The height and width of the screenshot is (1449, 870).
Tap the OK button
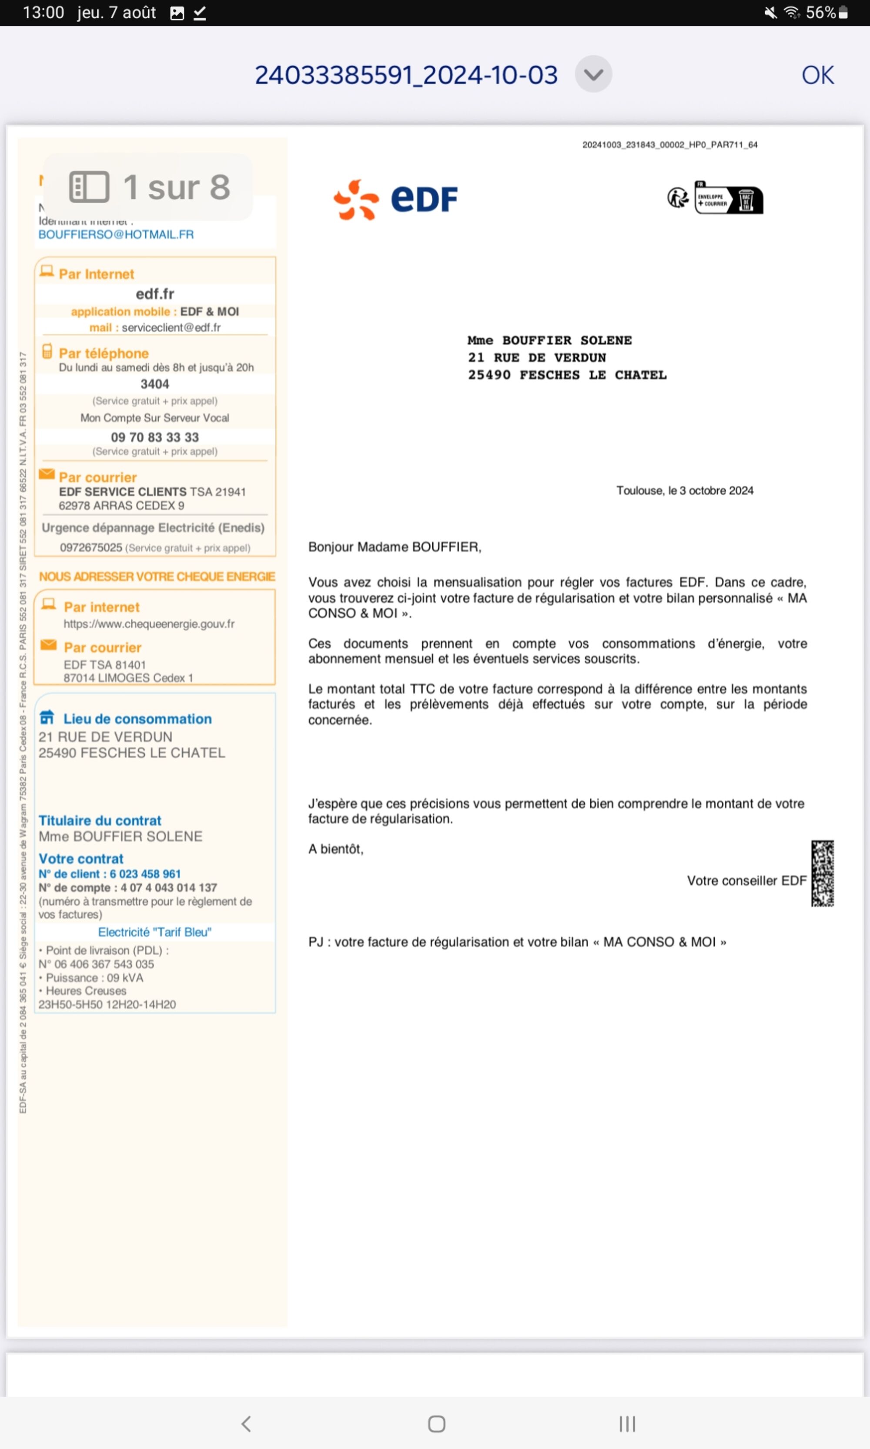817,75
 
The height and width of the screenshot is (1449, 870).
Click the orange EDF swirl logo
356,200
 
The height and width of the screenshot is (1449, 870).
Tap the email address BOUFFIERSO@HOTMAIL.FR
116,234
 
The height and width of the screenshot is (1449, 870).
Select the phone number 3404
155,384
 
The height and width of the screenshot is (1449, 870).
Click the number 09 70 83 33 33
155,437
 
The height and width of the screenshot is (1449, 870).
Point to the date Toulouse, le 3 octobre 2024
684,490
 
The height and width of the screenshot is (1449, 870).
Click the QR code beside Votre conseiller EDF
822,873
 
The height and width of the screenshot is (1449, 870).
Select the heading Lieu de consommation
137,719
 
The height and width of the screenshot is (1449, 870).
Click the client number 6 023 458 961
145,874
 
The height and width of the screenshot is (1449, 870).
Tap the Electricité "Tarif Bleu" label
155,932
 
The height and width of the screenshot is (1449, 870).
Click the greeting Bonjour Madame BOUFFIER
395,546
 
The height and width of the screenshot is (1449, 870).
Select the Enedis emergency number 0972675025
91,547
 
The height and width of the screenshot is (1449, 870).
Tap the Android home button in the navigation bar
436,1424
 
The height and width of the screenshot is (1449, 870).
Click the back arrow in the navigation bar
246,1424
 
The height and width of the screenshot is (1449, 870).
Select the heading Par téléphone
104,353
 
